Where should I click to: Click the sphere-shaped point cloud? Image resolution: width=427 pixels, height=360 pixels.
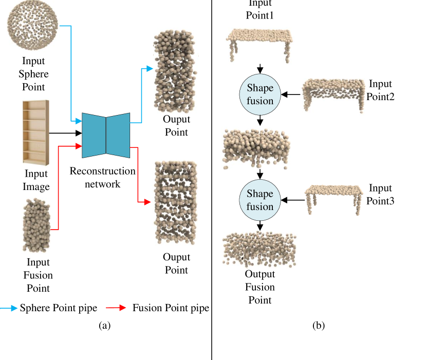coord(33,26)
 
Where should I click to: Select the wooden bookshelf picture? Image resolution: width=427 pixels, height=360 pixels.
coord(36,132)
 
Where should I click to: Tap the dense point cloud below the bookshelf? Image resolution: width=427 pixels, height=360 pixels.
coord(36,225)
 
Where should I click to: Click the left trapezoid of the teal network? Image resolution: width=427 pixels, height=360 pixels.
coord(94,135)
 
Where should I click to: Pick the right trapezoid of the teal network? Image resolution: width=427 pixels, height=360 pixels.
coord(118,135)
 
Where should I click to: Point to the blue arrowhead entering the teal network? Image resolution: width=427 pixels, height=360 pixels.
coord(79,121)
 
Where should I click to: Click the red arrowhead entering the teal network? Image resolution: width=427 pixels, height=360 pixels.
coord(79,146)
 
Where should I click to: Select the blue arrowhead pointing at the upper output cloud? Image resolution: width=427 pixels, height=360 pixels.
coord(150,68)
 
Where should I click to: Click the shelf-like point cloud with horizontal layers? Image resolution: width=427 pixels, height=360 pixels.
coord(174,202)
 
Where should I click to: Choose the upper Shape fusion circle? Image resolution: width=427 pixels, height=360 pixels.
coord(260,94)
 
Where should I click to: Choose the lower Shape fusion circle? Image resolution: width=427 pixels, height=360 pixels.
coord(260,200)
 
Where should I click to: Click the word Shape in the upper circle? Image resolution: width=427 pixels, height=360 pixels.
coord(260,88)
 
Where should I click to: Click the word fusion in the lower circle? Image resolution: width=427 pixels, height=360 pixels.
coord(260,207)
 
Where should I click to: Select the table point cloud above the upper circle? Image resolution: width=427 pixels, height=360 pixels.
coord(260,45)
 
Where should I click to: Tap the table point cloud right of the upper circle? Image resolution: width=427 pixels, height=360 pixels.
coord(333,97)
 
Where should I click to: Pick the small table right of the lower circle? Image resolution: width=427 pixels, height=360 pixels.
coord(334,200)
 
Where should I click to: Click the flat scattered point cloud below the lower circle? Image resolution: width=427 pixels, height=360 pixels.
coord(260,250)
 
